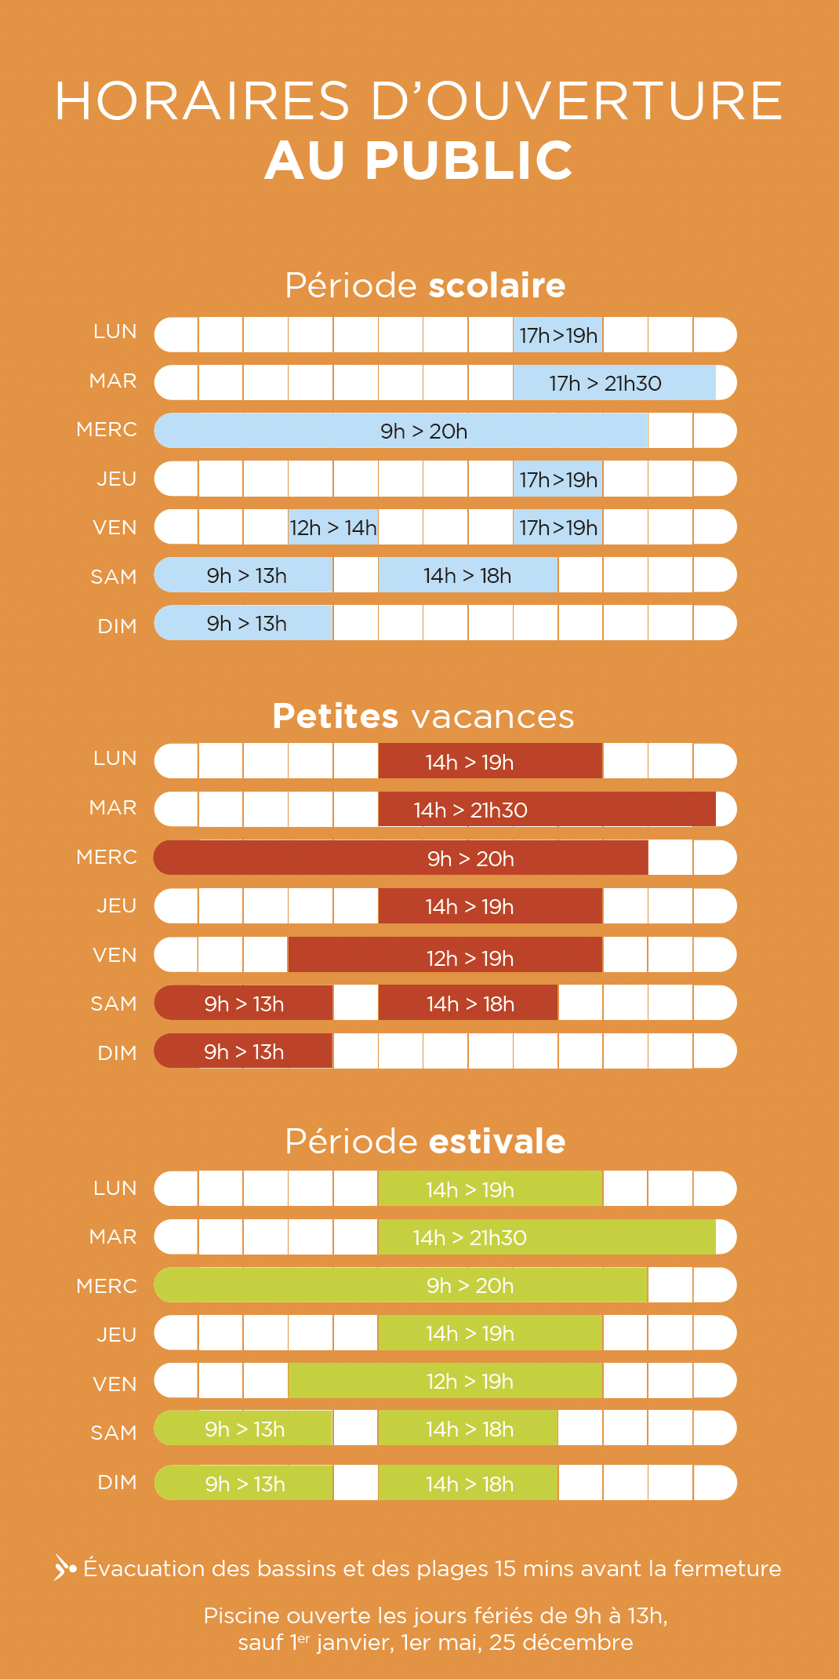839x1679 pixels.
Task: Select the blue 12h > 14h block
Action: pyautogui.click(x=333, y=527)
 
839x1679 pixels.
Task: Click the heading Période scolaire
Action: pyautogui.click(x=425, y=286)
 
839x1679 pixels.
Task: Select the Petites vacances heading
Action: pyautogui.click(x=423, y=716)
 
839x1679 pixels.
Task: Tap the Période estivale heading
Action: pyautogui.click(x=425, y=1142)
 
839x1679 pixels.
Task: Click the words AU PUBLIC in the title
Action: pyautogui.click(x=419, y=161)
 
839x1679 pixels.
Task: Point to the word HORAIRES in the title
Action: pyautogui.click(x=202, y=101)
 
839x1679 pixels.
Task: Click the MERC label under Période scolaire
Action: pyautogui.click(x=107, y=430)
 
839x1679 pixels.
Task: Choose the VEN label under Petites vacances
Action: pyautogui.click(x=114, y=956)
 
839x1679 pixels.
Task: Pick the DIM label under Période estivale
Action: pyautogui.click(x=117, y=1483)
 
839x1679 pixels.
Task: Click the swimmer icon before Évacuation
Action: pyautogui.click(x=64, y=1568)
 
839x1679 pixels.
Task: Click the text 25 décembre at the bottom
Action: pyautogui.click(x=561, y=1643)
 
